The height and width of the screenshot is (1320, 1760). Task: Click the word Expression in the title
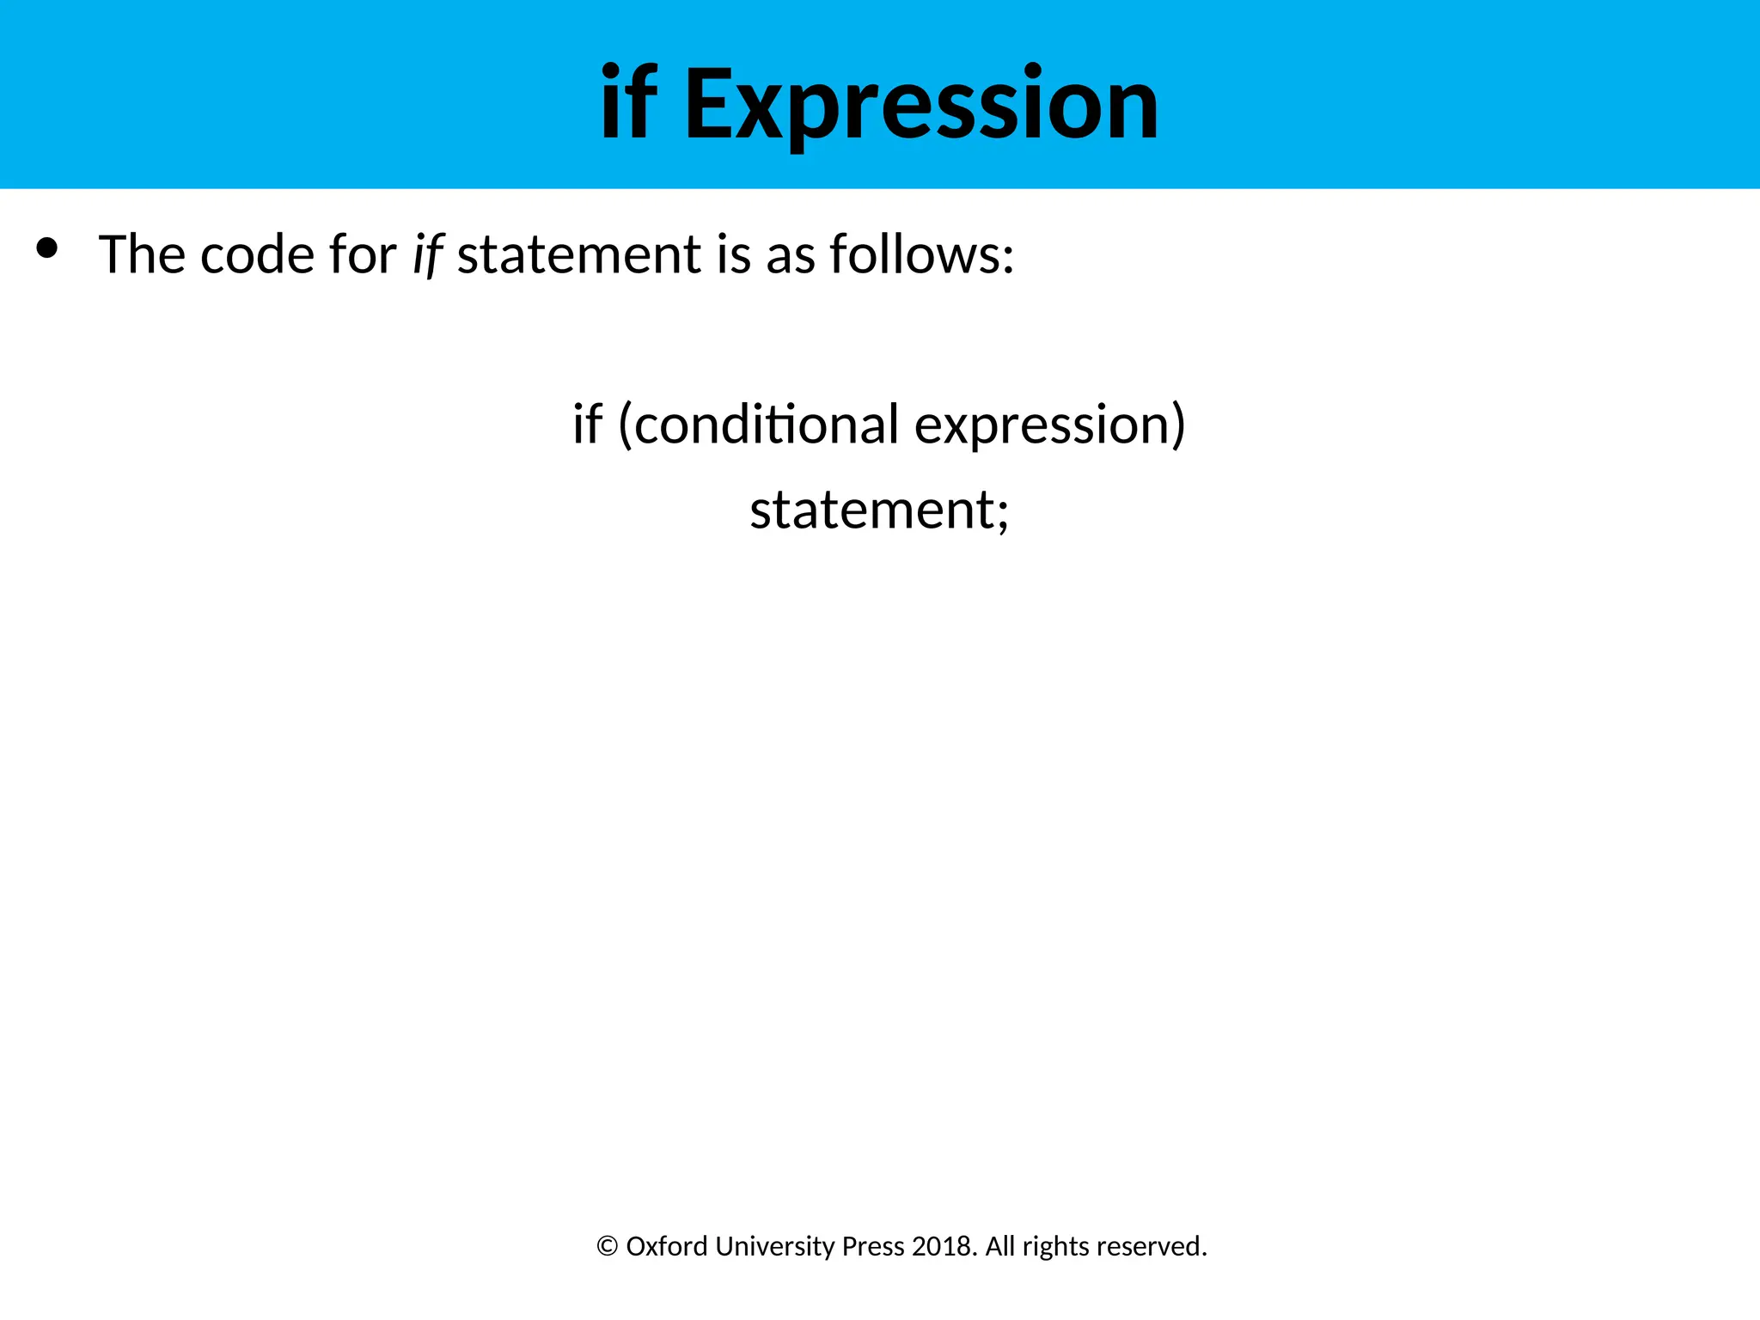click(x=920, y=105)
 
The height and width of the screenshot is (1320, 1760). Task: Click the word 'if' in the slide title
click(x=628, y=105)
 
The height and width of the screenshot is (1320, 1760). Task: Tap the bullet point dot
click(x=47, y=248)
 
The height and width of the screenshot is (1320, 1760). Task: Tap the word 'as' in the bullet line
click(x=790, y=256)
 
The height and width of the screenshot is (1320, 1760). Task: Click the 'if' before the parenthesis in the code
click(x=588, y=424)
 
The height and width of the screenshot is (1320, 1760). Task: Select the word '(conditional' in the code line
click(x=759, y=424)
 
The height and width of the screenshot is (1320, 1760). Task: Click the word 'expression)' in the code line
click(x=1049, y=425)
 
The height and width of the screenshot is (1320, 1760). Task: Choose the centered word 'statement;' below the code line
click(x=879, y=510)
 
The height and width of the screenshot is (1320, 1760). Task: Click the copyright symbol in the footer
click(x=607, y=1246)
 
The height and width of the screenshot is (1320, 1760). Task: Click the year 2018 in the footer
click(x=944, y=1246)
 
